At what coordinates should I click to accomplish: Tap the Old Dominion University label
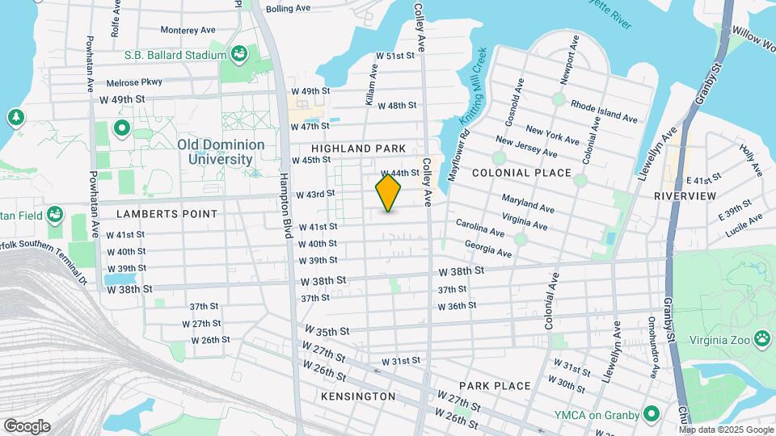point(221,152)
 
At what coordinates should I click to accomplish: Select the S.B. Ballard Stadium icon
point(239,54)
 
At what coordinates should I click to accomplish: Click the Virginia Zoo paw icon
point(761,337)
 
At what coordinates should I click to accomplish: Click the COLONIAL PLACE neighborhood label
point(521,173)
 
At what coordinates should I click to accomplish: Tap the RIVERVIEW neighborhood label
point(685,196)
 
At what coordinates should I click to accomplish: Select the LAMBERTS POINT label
point(167,214)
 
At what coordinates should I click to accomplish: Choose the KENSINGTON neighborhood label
point(358,396)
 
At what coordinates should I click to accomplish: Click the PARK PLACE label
point(494,386)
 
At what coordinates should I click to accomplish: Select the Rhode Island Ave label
point(604,112)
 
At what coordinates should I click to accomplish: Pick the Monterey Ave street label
point(188,30)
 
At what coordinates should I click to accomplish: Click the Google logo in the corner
point(26,426)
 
